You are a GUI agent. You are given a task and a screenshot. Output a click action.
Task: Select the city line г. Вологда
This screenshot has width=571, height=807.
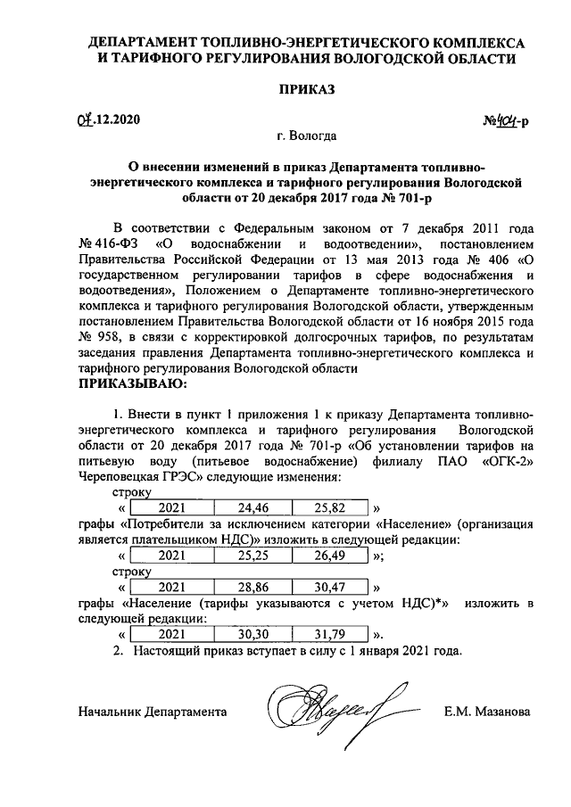306,137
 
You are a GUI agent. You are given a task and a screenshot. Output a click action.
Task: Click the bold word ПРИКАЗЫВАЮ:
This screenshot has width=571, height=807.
134,384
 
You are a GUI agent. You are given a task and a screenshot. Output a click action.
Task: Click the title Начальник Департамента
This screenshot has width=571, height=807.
152,712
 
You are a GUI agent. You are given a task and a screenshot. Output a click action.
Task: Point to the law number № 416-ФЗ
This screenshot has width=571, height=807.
109,243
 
